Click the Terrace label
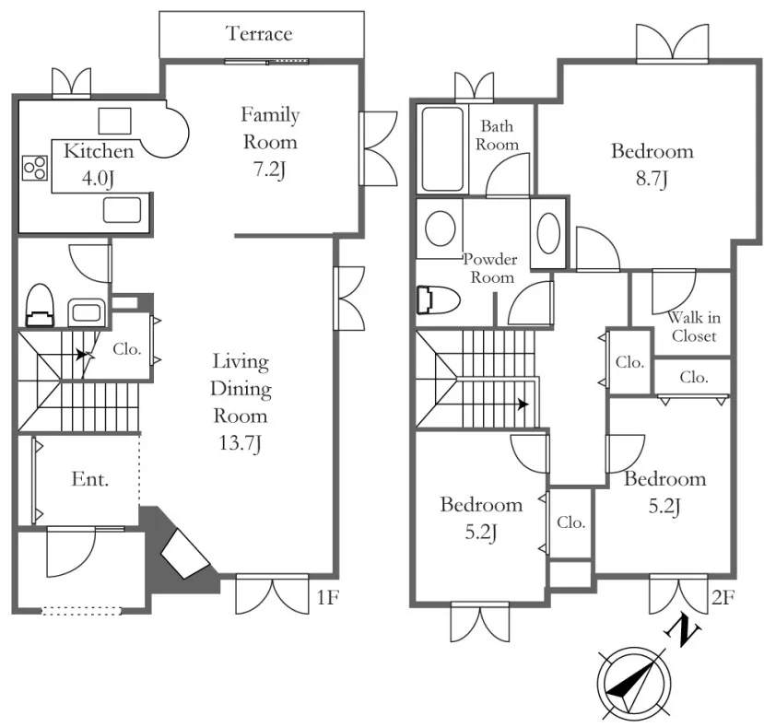point(259,33)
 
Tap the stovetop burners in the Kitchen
point(35,168)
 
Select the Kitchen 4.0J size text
point(98,179)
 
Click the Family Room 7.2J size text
point(269,170)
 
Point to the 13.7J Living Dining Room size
point(240,444)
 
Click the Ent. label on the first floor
point(90,479)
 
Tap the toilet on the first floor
point(40,306)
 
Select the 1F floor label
point(327,597)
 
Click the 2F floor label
point(723,597)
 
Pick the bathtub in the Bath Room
point(442,149)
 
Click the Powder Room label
point(490,268)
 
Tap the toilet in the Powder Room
point(438,299)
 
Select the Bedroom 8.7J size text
point(652,179)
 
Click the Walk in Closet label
point(694,327)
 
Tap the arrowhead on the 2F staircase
point(523,405)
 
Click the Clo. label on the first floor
point(126,349)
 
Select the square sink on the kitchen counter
point(114,121)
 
